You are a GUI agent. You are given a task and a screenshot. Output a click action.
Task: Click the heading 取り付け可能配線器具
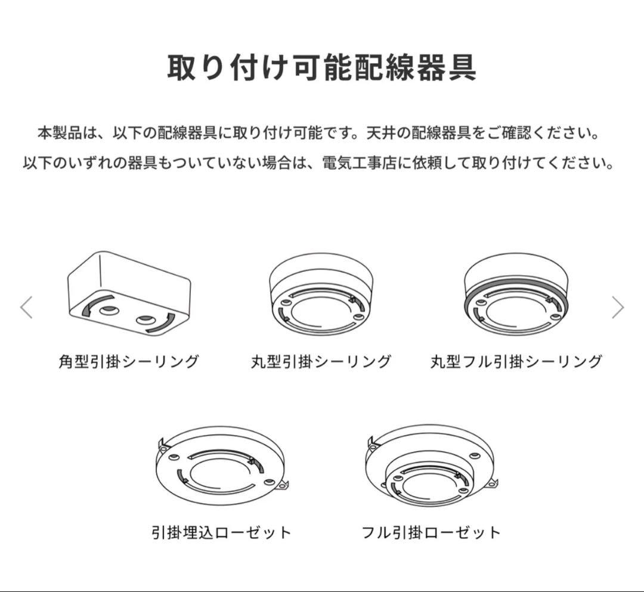(x=321, y=68)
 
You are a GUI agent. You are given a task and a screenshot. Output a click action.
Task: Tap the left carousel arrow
(x=26, y=308)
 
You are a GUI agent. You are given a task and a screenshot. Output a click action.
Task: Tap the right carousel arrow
(x=618, y=308)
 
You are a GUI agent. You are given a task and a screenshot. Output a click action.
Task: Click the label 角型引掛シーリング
(x=129, y=361)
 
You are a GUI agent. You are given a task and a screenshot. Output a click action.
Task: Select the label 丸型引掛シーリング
(x=321, y=361)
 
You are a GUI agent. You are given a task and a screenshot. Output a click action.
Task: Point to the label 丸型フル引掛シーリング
(x=516, y=361)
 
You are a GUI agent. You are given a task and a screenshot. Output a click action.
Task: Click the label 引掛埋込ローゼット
(x=222, y=532)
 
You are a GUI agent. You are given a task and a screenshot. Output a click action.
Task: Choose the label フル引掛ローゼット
(x=431, y=532)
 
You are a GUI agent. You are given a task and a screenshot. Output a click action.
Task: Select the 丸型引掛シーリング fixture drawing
(x=320, y=296)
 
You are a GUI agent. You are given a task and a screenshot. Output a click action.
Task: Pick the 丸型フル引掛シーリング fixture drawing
(x=516, y=296)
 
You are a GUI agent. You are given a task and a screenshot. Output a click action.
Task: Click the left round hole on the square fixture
(x=108, y=310)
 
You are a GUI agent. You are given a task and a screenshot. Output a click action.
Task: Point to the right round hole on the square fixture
(x=145, y=320)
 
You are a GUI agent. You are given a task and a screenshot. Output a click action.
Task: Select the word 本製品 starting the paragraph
(x=57, y=132)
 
